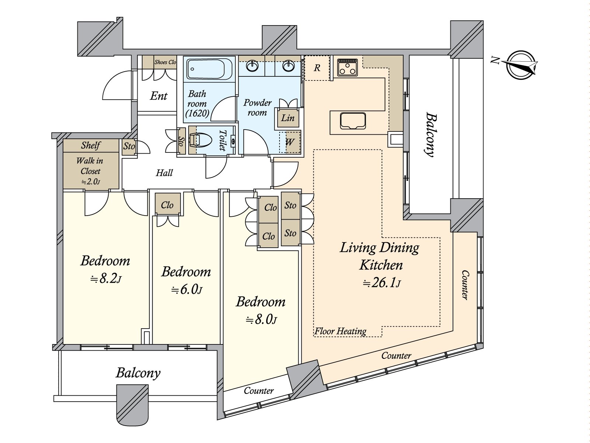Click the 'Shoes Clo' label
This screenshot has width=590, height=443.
pyautogui.click(x=164, y=62)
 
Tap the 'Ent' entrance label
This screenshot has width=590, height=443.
pyautogui.click(x=159, y=96)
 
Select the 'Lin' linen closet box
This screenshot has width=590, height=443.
pyautogui.click(x=288, y=118)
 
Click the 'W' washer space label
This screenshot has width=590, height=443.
pyautogui.click(x=290, y=142)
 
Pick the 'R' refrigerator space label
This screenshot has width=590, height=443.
pyautogui.click(x=317, y=68)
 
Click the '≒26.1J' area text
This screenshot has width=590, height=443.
pyautogui.click(x=381, y=283)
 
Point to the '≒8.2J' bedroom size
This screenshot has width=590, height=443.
pyautogui.click(x=105, y=279)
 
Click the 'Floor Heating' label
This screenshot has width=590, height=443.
pyautogui.click(x=340, y=331)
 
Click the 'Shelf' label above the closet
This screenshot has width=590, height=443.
pyautogui.click(x=90, y=145)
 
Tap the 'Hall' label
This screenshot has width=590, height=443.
pyautogui.click(x=164, y=173)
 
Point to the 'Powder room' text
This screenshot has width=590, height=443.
pyautogui.click(x=257, y=107)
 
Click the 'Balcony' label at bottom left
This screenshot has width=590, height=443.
pyautogui.click(x=138, y=373)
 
